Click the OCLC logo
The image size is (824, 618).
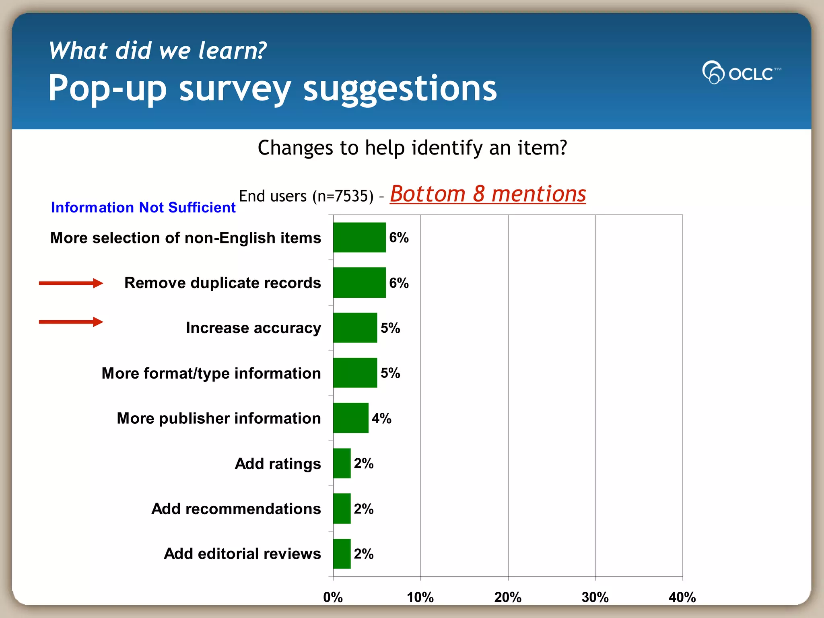click(741, 72)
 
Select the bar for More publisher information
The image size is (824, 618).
click(351, 418)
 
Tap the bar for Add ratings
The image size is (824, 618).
click(342, 463)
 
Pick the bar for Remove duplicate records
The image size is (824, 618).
click(359, 282)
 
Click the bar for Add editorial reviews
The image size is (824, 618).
click(342, 554)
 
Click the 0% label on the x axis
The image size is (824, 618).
click(333, 597)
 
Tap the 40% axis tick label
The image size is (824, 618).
click(682, 597)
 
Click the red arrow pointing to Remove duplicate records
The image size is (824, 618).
click(71, 283)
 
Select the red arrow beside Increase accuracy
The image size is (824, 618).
click(71, 322)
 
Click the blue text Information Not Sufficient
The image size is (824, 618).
click(143, 208)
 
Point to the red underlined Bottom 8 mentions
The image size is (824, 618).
click(488, 194)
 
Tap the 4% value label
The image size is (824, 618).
click(381, 418)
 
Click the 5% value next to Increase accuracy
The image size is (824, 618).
click(390, 328)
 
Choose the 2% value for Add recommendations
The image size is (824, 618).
click(364, 509)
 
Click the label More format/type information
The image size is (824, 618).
click(211, 373)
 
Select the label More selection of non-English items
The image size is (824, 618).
click(185, 238)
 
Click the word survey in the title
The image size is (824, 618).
click(235, 89)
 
